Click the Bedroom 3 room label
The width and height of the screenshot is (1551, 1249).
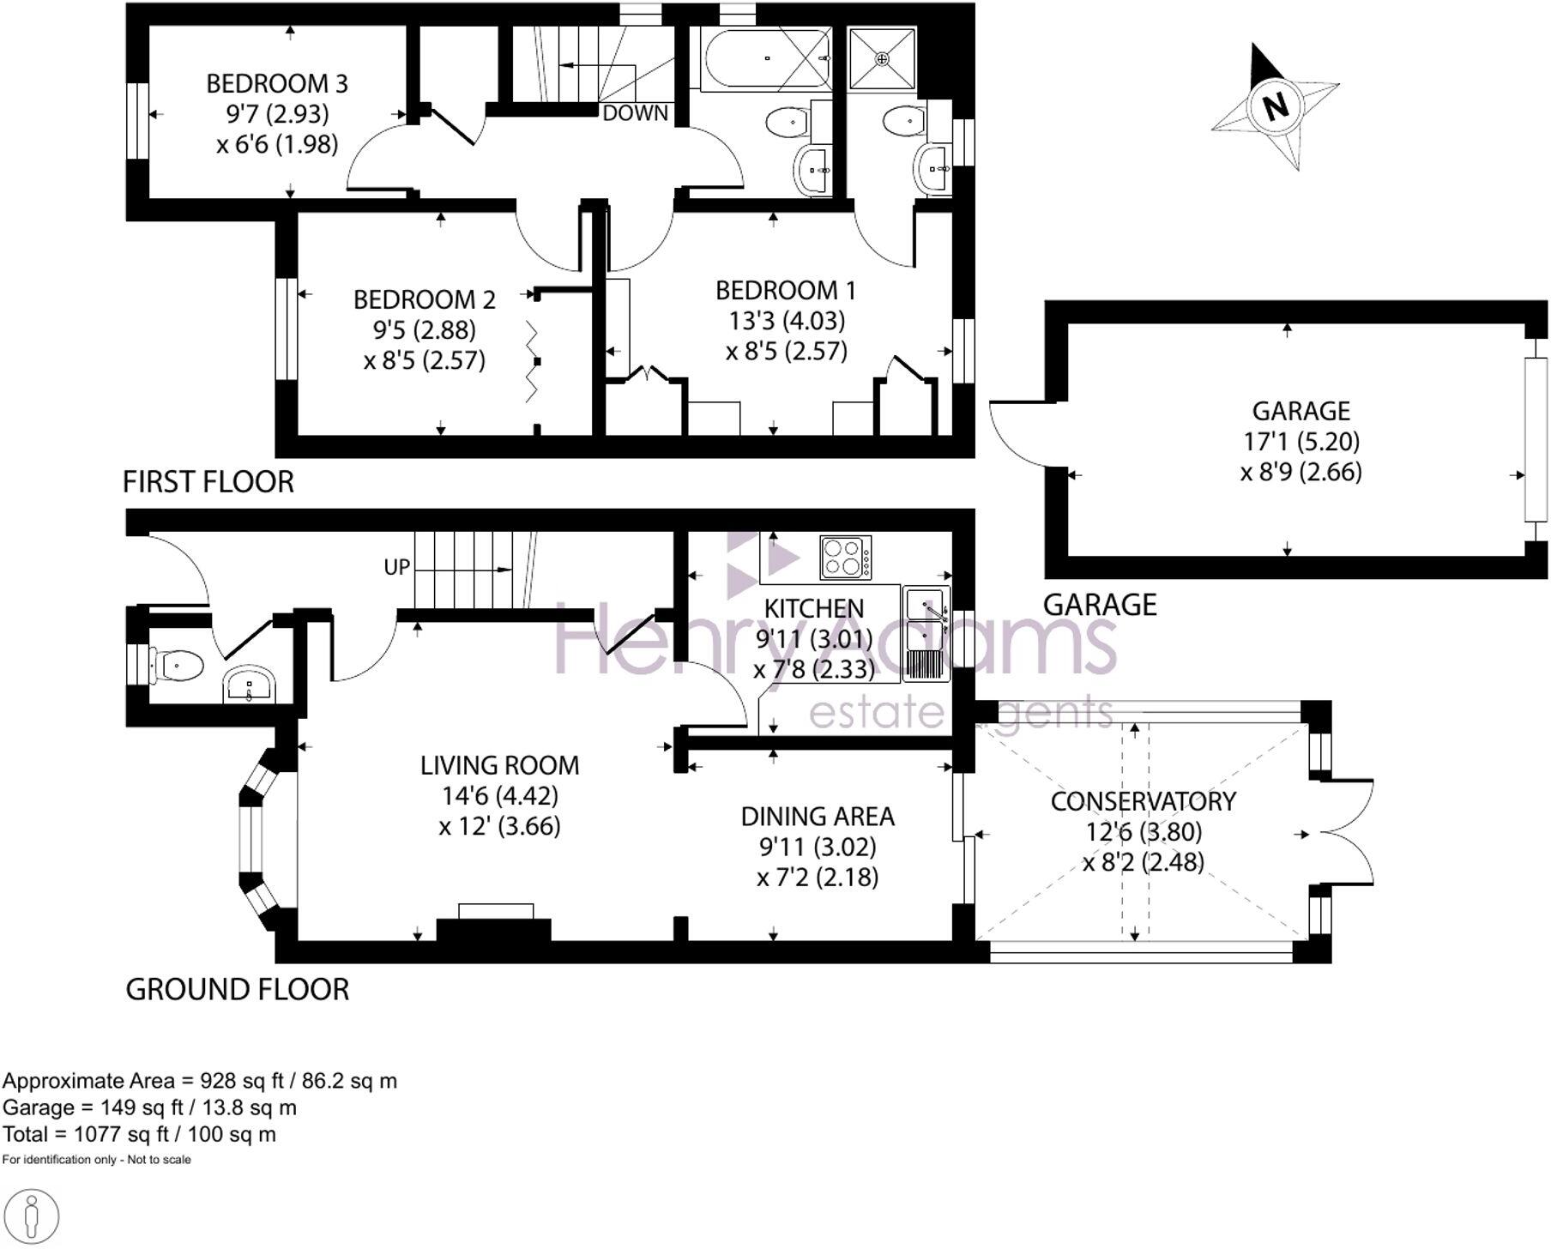(x=277, y=84)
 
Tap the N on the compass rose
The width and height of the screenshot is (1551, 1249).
(x=1276, y=107)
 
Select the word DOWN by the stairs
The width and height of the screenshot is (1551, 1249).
(x=635, y=113)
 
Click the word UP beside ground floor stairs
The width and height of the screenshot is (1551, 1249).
(x=397, y=567)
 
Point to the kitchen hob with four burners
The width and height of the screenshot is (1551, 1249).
(x=845, y=557)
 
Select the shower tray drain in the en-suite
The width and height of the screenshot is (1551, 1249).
(x=882, y=58)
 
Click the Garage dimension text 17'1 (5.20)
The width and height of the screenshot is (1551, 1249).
(x=1301, y=442)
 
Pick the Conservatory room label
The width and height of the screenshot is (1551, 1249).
(x=1143, y=801)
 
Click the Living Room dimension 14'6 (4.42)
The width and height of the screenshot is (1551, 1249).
(x=499, y=796)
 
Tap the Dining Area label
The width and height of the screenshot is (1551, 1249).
(x=818, y=817)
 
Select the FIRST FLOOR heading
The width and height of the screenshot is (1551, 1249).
(x=208, y=482)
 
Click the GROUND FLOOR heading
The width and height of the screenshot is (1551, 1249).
(x=238, y=990)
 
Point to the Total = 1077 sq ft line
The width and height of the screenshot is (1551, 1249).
(x=140, y=1134)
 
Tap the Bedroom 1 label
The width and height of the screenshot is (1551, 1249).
(x=786, y=291)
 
